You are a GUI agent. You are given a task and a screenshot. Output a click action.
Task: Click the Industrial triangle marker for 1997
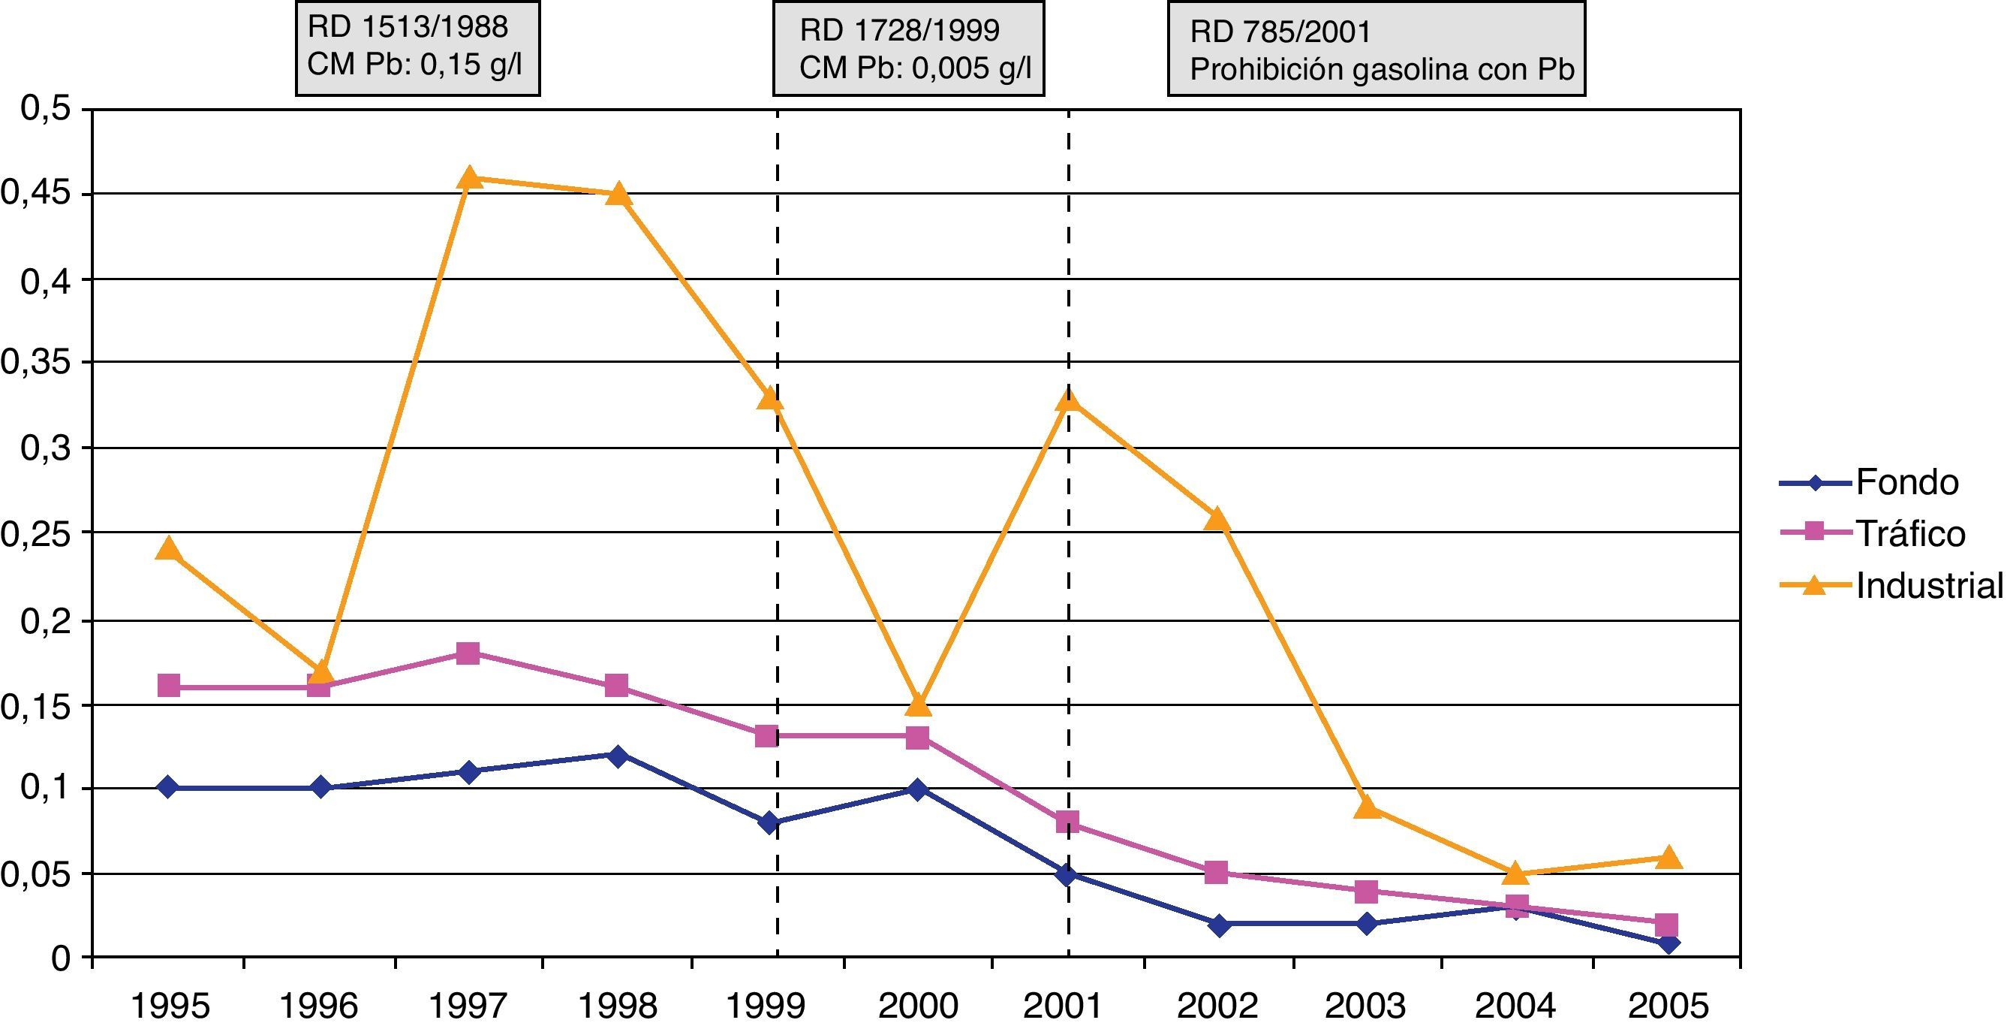[x=469, y=179]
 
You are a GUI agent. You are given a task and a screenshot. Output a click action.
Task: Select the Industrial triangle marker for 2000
[x=918, y=705]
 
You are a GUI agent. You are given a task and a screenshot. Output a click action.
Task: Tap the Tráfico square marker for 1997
[x=468, y=653]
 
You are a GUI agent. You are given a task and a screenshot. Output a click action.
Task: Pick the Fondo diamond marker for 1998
[x=618, y=756]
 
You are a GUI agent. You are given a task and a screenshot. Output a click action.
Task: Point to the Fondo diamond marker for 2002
[x=1217, y=925]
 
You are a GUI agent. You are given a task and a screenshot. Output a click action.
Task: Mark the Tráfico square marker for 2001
[x=1067, y=822]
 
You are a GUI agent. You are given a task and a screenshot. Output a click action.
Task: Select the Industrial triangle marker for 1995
[x=168, y=550]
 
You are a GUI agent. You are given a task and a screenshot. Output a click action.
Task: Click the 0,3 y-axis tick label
[x=45, y=448]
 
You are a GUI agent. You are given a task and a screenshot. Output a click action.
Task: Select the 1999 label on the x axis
[x=766, y=1006]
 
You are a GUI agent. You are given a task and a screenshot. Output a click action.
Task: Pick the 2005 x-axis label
[x=1668, y=1006]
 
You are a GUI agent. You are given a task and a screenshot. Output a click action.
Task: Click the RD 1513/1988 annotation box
[x=417, y=48]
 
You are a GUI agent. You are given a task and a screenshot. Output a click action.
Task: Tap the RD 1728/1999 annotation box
[x=908, y=49]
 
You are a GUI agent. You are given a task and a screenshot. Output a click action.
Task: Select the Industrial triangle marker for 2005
[x=1668, y=857]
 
